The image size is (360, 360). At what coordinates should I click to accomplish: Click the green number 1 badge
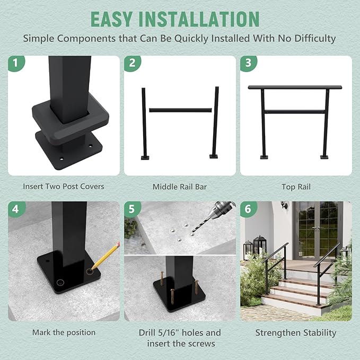coord(16,64)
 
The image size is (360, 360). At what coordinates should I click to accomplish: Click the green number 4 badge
coord(16,209)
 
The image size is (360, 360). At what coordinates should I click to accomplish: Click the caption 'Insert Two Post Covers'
coord(64,187)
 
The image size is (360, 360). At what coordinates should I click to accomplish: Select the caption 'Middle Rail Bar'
coord(180,187)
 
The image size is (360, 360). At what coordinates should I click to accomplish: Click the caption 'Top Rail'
coord(296,187)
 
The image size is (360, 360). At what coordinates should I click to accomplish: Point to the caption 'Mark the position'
coord(64,332)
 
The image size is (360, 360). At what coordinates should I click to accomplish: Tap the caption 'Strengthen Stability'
coord(296,333)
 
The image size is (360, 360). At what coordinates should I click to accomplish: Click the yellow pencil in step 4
coord(107,255)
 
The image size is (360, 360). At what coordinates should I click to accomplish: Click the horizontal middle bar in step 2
coord(180,110)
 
